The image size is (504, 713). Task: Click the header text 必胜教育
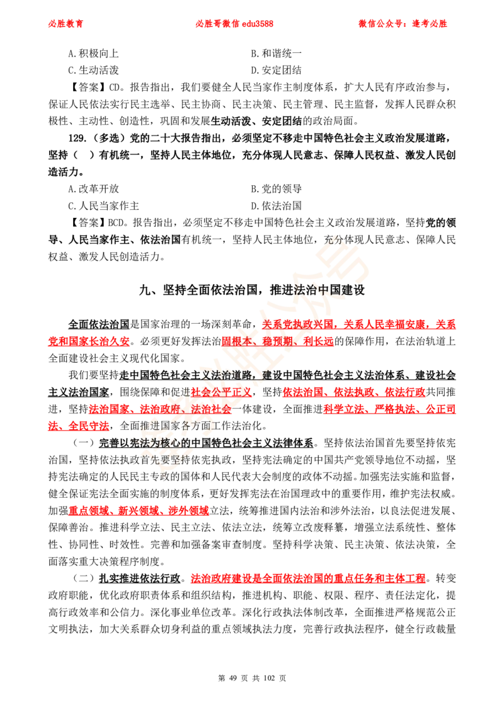point(66,24)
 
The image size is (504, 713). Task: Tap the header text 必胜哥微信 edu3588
point(234,24)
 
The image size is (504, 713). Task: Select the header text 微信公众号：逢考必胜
point(403,24)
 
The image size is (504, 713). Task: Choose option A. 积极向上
point(93,54)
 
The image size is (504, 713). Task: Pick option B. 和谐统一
point(276,54)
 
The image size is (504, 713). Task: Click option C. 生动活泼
point(93,71)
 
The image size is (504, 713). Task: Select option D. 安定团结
point(276,71)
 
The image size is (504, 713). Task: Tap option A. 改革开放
point(93,189)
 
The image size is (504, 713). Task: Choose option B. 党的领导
point(276,189)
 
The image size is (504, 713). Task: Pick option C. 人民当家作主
point(104,206)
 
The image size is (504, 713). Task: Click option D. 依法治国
point(276,206)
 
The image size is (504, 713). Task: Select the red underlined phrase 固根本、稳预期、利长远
point(277,341)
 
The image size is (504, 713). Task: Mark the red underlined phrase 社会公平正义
point(221,392)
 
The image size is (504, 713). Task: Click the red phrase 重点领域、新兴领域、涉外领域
point(139,511)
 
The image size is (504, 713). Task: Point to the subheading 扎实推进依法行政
point(140,578)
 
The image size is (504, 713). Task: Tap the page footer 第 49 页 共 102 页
point(252,678)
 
